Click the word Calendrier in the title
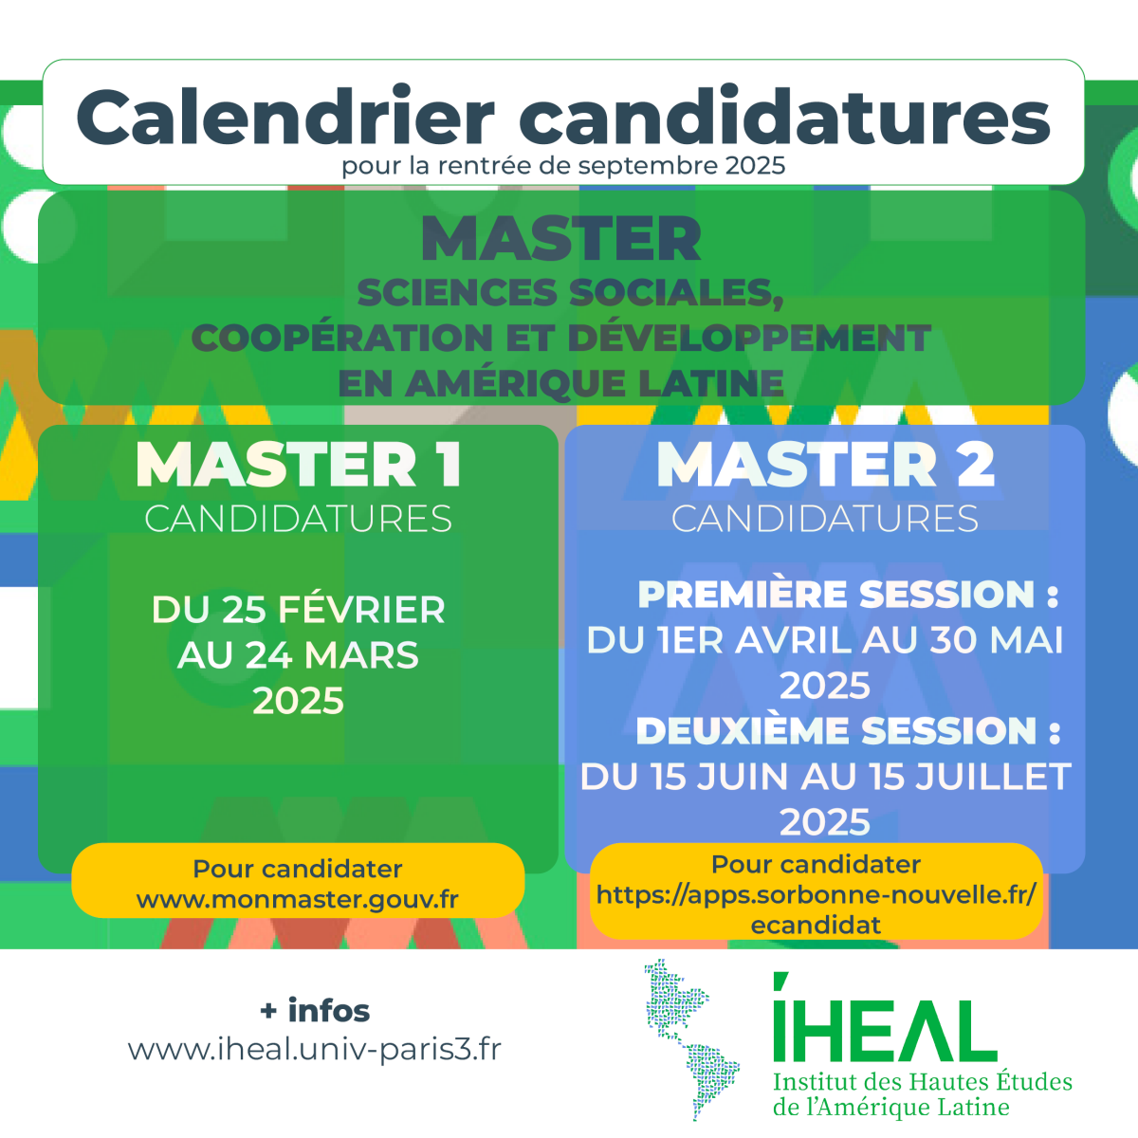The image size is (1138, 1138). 285,117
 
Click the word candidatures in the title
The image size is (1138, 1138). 784,117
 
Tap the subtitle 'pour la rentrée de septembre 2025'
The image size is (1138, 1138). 563,165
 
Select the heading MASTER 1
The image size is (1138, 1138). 298,465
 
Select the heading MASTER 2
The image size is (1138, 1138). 825,465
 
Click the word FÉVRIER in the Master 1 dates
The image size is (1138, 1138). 361,609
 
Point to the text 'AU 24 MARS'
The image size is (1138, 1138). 298,655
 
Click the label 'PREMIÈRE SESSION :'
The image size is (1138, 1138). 849,594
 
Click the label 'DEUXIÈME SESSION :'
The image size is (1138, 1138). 849,731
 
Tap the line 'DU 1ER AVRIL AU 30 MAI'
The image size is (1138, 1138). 825,640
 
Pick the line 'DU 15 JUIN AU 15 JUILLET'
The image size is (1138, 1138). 825,777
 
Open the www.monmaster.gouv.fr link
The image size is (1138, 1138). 298,899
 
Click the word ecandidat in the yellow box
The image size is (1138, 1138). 816,926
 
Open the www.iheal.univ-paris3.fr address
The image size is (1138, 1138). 315,1050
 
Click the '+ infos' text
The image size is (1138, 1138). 315,1010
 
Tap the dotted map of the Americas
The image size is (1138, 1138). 691,1039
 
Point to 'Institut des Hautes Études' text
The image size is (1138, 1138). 923,1082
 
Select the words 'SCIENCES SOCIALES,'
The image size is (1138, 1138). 571,292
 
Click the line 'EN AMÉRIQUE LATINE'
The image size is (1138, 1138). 561,383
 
